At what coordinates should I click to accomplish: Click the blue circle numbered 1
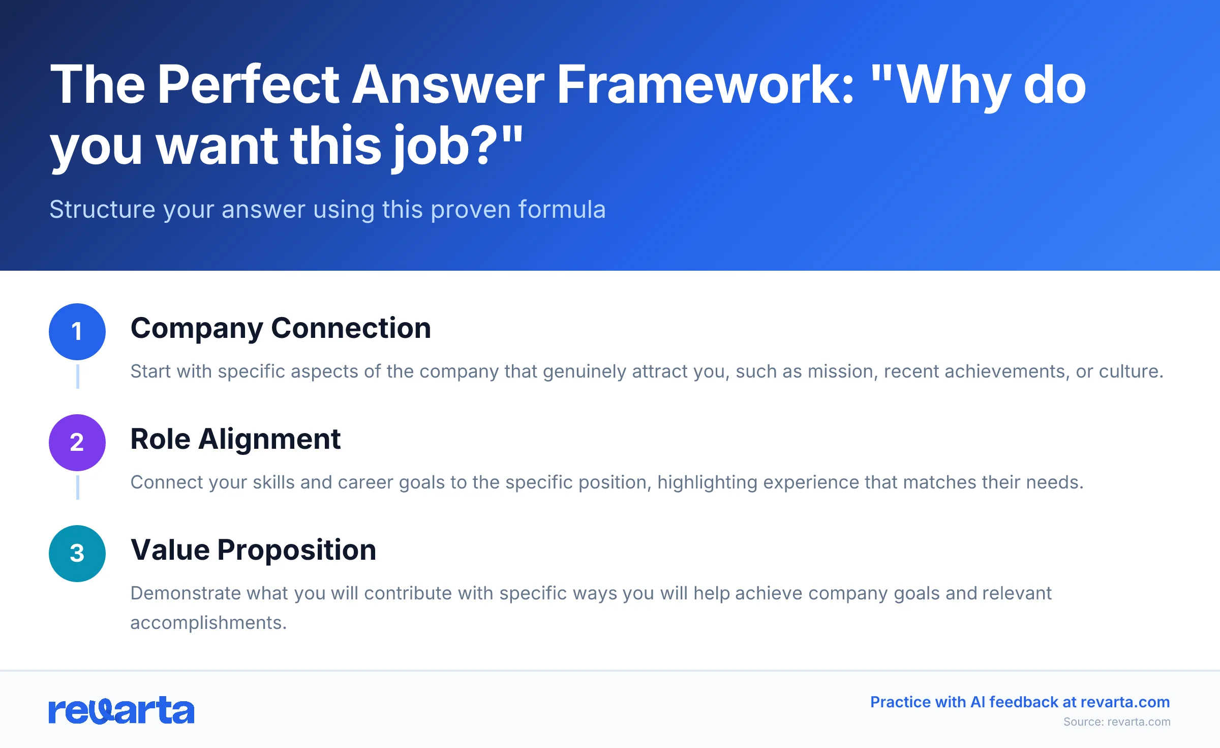pos(77,332)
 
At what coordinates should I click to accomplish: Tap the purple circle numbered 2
pos(77,443)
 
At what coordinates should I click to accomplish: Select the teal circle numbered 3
pos(77,554)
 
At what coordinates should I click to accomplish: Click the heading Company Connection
pos(281,328)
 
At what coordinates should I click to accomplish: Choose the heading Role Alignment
pos(235,439)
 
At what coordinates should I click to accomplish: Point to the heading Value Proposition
pos(253,550)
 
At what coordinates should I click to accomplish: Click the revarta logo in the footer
pos(121,710)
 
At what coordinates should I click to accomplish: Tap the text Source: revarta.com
pos(1117,722)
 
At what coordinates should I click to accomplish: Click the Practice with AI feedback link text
pos(1020,702)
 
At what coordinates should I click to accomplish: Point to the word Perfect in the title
pos(249,85)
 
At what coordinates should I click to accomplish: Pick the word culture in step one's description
pos(1131,371)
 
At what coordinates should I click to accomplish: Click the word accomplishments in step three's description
pos(208,623)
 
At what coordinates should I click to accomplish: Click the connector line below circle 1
pos(78,376)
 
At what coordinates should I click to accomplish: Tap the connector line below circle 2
pos(78,487)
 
